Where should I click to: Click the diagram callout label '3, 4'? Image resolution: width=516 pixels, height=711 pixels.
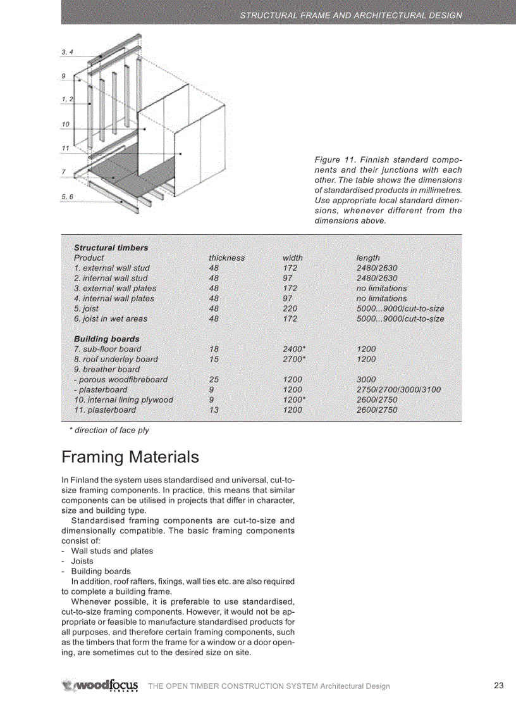point(67,51)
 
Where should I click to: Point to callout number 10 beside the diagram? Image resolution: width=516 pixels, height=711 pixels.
point(65,124)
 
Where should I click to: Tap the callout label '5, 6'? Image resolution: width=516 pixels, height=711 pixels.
point(67,197)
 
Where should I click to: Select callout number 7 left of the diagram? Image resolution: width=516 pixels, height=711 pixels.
point(63,172)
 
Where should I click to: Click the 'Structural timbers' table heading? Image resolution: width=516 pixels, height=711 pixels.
point(111,248)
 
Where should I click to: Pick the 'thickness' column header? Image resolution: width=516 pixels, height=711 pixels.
point(226,258)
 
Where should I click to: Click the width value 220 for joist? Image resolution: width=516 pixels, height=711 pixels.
point(290,308)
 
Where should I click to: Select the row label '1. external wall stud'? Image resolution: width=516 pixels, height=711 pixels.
point(111,268)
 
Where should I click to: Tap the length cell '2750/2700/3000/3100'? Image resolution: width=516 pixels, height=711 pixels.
point(398,389)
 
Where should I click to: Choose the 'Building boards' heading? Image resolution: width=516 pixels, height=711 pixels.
point(106,339)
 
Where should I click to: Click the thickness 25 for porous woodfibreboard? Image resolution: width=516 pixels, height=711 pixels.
point(214,379)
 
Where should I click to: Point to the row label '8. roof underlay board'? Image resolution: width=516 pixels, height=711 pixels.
point(116,359)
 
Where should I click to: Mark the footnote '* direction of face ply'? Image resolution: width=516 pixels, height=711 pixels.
point(109,430)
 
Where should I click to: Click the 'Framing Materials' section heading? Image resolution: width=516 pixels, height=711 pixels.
point(130,456)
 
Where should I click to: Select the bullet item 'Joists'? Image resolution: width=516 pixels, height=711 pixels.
point(82,561)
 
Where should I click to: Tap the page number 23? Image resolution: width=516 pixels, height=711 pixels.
point(498,686)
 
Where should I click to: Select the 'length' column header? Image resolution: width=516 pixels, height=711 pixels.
point(368,258)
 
